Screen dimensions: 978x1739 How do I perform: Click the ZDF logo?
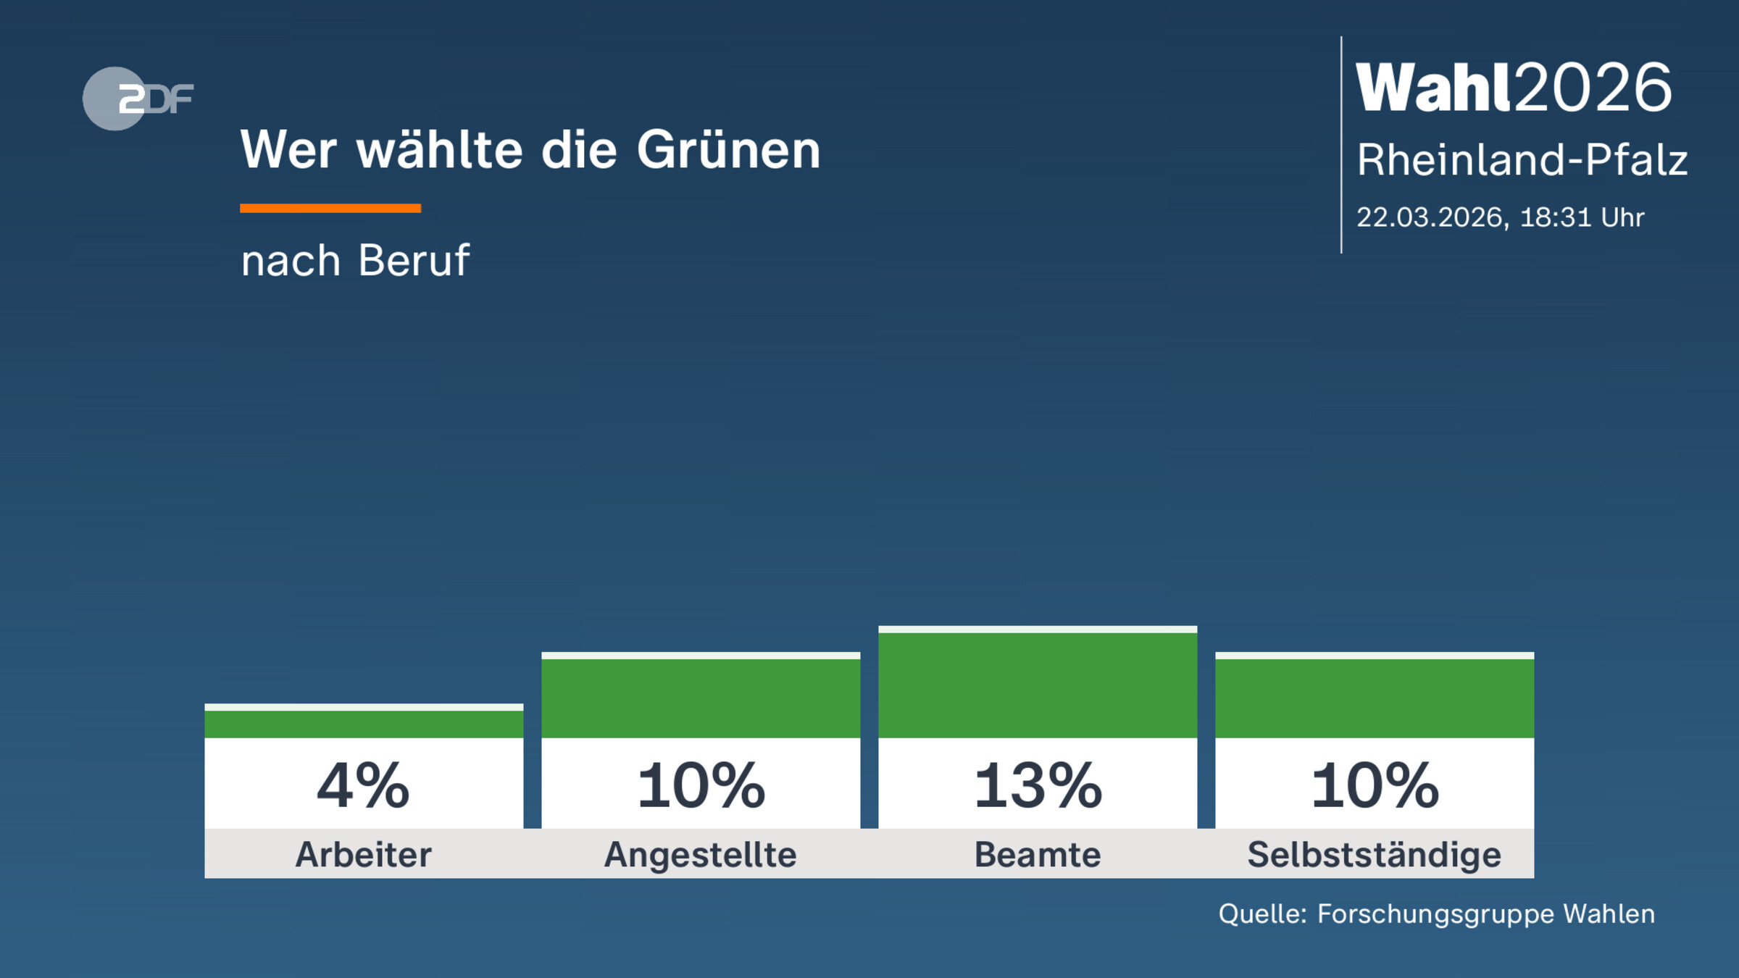coord(137,99)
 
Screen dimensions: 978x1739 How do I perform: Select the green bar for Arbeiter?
coord(364,723)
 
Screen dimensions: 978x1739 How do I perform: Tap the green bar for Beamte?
coord(1038,685)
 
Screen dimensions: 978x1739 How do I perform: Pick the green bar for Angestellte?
coord(701,698)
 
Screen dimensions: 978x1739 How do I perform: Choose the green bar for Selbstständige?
coord(1375,698)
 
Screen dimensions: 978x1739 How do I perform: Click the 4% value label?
coord(364,786)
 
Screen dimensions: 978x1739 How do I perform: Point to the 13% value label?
coord(1038,786)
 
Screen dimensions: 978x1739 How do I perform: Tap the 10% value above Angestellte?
coord(701,786)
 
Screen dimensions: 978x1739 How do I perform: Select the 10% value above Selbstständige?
coord(1375,786)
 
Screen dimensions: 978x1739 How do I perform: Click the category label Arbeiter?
coord(364,855)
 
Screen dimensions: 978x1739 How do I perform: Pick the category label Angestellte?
coord(701,855)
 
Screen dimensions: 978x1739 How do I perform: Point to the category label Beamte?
coord(1038,855)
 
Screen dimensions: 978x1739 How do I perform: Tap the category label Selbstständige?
coord(1375,855)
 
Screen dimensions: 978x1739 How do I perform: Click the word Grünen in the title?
coord(728,151)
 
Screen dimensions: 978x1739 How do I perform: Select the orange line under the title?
coord(330,209)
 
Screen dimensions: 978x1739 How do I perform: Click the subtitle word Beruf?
coord(414,260)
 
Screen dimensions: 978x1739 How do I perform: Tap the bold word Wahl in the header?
coord(1433,88)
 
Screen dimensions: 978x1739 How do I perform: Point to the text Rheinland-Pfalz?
coord(1522,160)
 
